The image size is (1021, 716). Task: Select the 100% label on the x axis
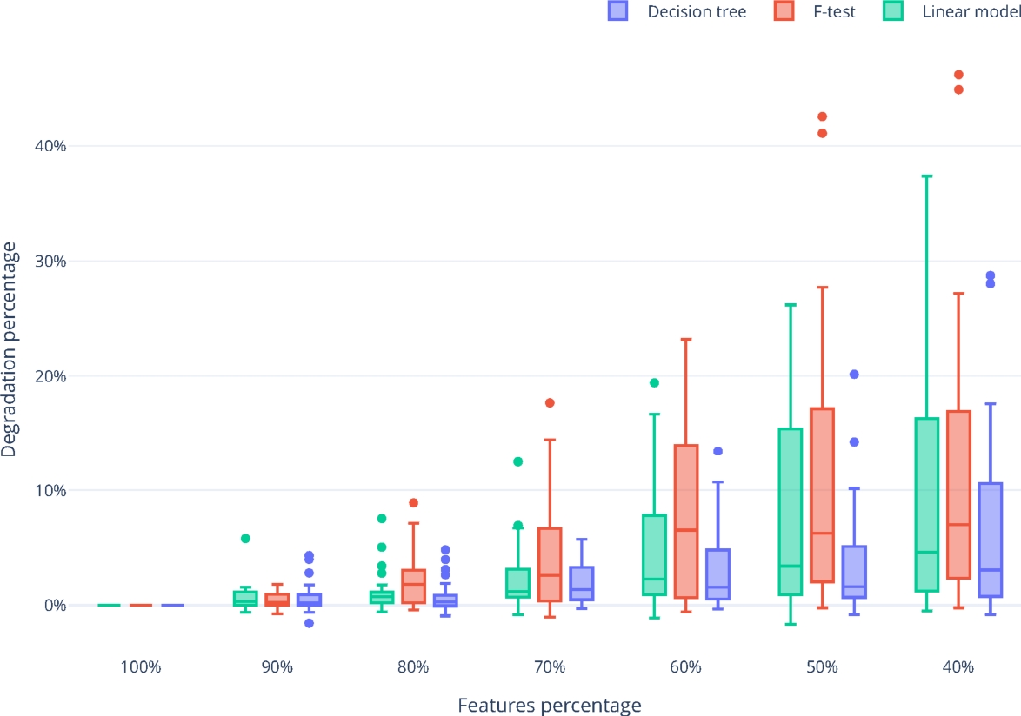coord(141,667)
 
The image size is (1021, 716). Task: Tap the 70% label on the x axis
coord(550,667)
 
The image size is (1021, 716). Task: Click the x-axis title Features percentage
coord(550,705)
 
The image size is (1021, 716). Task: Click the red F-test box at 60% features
coord(686,521)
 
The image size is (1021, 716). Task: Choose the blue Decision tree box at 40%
coord(990,539)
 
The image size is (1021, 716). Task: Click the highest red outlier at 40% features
coord(958,75)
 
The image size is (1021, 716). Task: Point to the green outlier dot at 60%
coord(654,382)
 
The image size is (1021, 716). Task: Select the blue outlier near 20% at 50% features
coord(854,375)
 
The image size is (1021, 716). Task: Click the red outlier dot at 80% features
coord(413,503)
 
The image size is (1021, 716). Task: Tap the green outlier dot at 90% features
coord(245,539)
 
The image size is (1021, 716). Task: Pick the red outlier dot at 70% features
coord(550,403)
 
